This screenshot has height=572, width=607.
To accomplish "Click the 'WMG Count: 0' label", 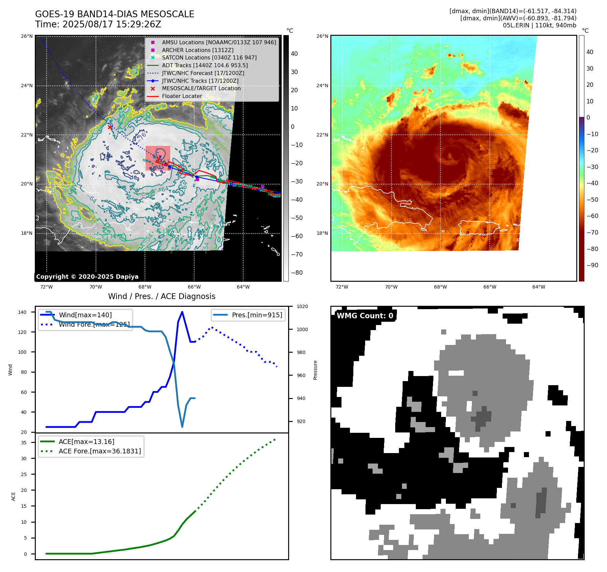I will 365,316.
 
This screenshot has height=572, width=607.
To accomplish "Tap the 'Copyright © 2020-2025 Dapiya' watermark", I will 87,277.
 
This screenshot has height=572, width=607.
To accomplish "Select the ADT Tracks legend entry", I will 205,65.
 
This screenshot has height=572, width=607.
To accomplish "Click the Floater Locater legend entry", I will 182,96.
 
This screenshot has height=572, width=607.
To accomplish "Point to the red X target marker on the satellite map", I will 110,127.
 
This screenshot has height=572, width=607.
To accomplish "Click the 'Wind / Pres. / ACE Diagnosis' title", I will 161,296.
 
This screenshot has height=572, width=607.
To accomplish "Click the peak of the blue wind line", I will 182,312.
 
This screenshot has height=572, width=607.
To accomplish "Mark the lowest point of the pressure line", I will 182,427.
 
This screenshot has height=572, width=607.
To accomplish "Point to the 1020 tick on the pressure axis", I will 302,307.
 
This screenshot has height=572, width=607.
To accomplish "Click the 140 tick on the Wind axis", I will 22,312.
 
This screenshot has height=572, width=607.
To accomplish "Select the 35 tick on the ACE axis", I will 24,443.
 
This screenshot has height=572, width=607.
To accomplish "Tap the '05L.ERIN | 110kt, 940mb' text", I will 539,25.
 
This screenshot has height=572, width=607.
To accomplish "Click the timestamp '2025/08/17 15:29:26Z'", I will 111,25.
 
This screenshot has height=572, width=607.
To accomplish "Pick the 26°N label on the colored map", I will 322,36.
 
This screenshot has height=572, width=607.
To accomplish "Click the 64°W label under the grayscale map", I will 243,287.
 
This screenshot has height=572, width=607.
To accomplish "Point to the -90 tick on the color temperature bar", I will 592,265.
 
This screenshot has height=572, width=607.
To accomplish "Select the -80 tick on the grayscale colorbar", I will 297,273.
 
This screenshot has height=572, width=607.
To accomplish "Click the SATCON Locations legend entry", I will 209,57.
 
